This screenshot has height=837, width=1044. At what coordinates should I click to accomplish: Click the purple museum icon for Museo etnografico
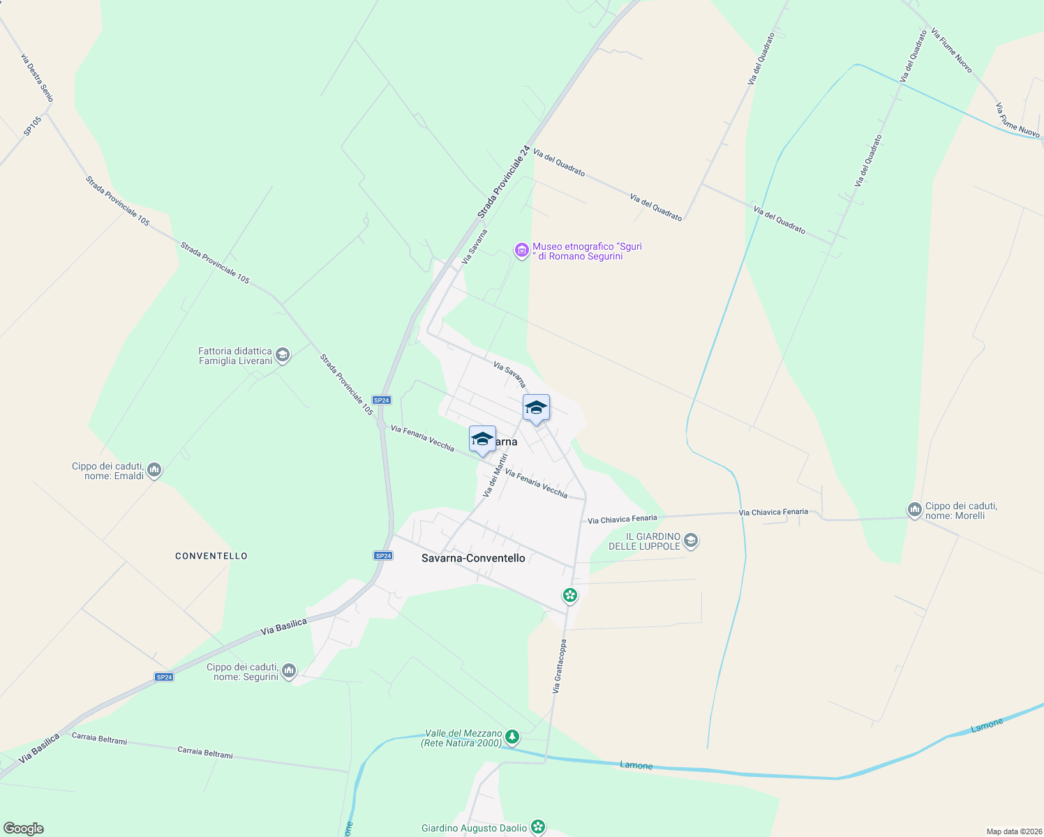521,250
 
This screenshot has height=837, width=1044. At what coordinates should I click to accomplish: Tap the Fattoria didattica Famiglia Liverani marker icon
283,356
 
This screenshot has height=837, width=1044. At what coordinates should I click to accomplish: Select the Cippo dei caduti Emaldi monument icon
155,470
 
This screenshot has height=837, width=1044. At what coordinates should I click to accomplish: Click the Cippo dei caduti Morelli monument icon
914,510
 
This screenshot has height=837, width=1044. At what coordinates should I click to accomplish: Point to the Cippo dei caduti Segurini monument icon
289,671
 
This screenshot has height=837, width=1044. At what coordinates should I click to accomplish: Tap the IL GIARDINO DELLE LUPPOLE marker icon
691,540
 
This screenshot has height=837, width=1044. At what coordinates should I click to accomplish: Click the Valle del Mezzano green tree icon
512,737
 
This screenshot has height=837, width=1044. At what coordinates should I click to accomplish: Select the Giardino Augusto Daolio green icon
537,827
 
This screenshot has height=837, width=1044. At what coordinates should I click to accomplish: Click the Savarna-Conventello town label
473,558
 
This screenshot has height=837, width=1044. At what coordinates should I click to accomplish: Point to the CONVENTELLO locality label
211,556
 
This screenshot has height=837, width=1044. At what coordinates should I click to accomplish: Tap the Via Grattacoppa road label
559,666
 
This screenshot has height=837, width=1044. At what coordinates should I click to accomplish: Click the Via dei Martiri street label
495,476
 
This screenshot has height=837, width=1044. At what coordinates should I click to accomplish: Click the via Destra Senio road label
37,78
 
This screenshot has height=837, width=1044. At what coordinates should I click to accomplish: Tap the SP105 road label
32,126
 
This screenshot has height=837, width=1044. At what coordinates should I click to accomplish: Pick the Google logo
23,829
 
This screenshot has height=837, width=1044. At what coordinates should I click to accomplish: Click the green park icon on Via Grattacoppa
570,595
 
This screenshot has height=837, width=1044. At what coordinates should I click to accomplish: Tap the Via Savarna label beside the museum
475,247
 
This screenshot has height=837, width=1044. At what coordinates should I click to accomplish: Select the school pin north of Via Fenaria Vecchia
536,409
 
